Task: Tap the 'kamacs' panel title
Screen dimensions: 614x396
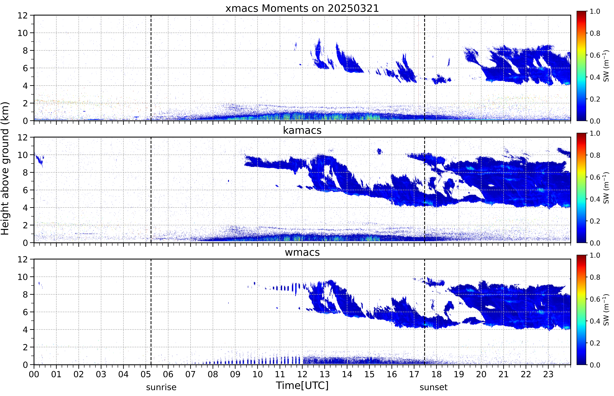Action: [x=302, y=130]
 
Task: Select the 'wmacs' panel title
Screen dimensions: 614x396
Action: [x=302, y=252]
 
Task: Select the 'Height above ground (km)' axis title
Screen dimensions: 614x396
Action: [x=5, y=168]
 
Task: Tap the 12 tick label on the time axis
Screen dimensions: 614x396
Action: [x=302, y=374]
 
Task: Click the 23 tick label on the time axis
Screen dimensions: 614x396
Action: [x=548, y=374]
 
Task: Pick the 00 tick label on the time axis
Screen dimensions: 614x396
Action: [x=34, y=374]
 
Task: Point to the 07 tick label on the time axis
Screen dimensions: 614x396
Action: [x=191, y=374]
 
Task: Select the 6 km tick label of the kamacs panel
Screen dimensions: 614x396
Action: [x=25, y=190]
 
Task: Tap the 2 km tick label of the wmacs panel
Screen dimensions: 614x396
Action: [x=25, y=347]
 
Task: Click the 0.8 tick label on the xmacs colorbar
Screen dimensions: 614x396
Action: [x=595, y=33]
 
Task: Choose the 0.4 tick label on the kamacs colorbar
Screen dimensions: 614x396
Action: [x=595, y=199]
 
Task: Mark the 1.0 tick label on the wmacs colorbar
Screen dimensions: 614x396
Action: [x=595, y=255]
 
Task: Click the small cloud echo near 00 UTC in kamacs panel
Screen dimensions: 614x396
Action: [x=39, y=159]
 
